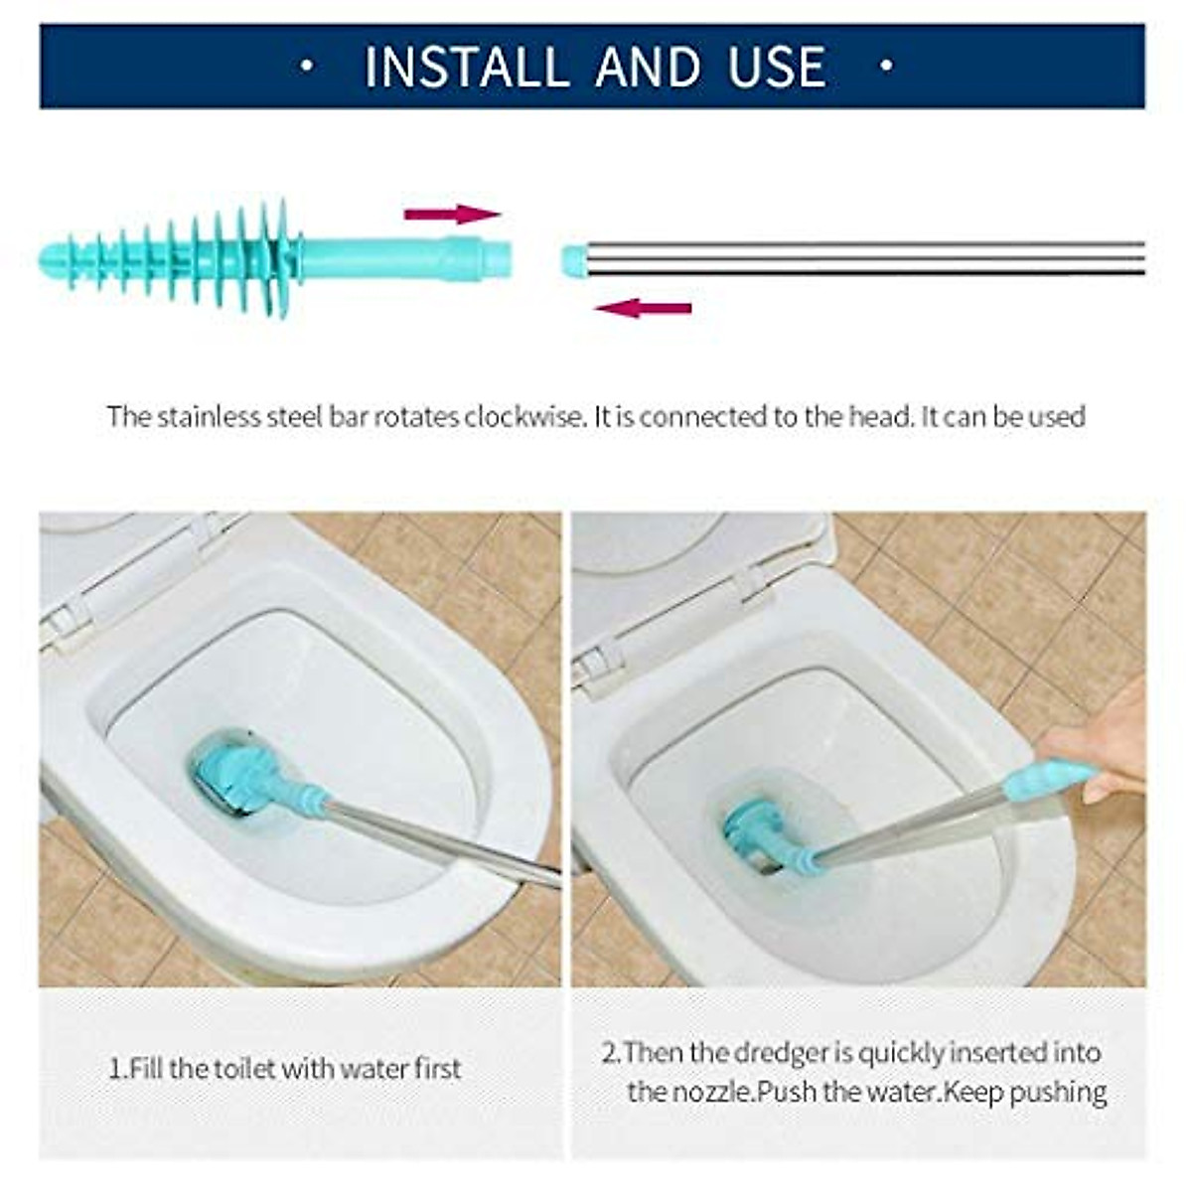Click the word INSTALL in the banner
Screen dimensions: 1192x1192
(x=466, y=67)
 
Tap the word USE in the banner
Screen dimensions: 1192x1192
(x=776, y=67)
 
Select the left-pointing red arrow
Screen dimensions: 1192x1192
(x=643, y=308)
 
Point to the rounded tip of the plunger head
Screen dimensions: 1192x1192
(x=50, y=260)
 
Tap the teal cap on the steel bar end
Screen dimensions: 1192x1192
(x=573, y=260)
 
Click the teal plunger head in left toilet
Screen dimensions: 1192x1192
(x=234, y=773)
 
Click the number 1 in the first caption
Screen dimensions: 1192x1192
(x=113, y=1070)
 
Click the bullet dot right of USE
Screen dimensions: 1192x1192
(x=887, y=67)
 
